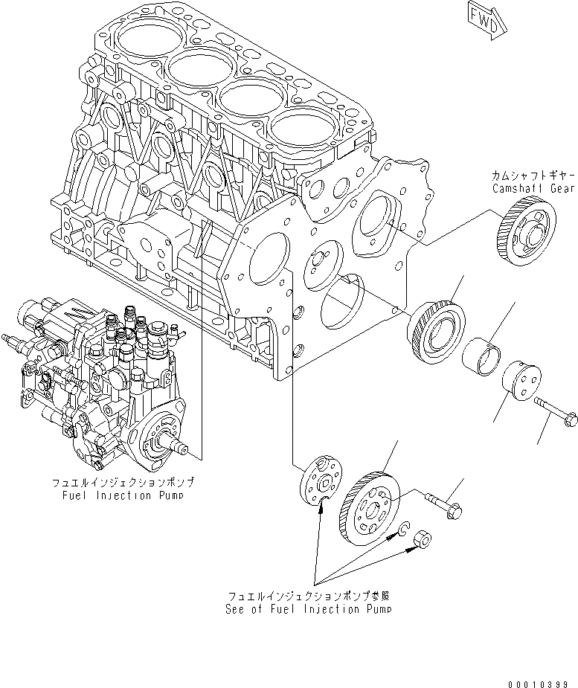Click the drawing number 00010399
tap(539, 681)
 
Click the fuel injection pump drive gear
tap(369, 503)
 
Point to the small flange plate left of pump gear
tap(320, 482)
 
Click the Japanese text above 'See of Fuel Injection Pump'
tap(309, 596)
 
